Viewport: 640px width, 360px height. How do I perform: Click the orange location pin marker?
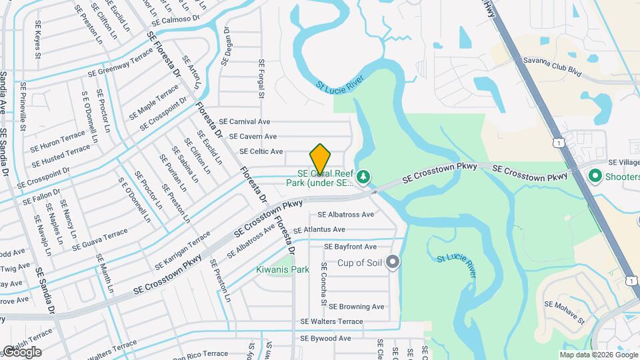click(x=320, y=160)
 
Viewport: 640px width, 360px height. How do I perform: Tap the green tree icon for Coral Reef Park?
click(x=363, y=177)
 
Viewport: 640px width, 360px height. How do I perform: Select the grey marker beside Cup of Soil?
click(x=393, y=262)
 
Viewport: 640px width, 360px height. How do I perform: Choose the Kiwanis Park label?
click(x=283, y=270)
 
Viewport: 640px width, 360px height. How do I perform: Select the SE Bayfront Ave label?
click(x=351, y=247)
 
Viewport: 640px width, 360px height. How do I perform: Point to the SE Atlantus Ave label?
click(x=320, y=230)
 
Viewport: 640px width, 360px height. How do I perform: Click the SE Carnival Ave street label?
click(x=245, y=122)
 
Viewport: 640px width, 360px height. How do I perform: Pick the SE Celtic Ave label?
click(x=256, y=152)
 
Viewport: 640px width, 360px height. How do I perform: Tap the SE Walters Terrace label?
click(x=331, y=321)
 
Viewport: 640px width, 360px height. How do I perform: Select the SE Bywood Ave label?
click(x=325, y=339)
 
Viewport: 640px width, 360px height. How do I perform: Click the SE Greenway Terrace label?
click(x=125, y=65)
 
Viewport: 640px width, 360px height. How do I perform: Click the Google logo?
click(x=21, y=351)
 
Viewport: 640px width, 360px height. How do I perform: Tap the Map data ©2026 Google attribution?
click(x=598, y=355)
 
